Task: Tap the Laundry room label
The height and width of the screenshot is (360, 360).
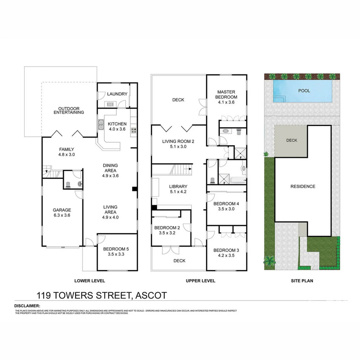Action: click(117, 94)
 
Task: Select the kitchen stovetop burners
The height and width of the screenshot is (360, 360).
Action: click(134, 130)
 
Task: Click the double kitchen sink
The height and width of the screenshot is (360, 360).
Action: click(101, 126)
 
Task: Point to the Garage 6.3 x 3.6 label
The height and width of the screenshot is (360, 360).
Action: click(62, 213)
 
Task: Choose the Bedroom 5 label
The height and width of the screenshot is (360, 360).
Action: click(116, 251)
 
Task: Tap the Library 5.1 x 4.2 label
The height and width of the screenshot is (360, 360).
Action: click(178, 189)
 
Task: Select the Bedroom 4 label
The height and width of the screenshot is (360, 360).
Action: click(226, 206)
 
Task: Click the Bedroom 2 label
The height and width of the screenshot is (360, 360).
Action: click(167, 230)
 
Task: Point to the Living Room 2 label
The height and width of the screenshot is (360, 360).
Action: click(178, 144)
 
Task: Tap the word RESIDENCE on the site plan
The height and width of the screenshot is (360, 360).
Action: click(303, 186)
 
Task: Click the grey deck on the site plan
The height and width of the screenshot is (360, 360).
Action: click(291, 141)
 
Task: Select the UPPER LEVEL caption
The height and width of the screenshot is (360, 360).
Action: click(200, 281)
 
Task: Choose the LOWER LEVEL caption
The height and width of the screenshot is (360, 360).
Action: click(90, 281)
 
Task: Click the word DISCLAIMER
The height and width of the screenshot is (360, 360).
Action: click(27, 306)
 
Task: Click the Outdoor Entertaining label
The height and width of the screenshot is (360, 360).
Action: click(69, 110)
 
